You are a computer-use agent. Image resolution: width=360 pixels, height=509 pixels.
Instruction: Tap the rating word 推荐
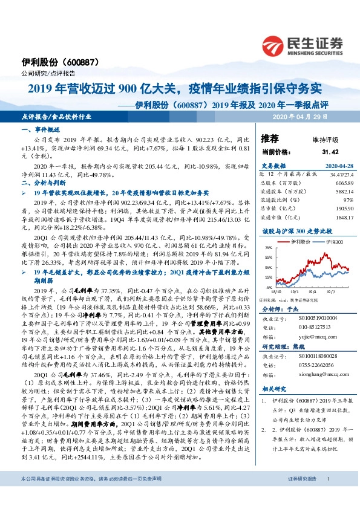(269, 138)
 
